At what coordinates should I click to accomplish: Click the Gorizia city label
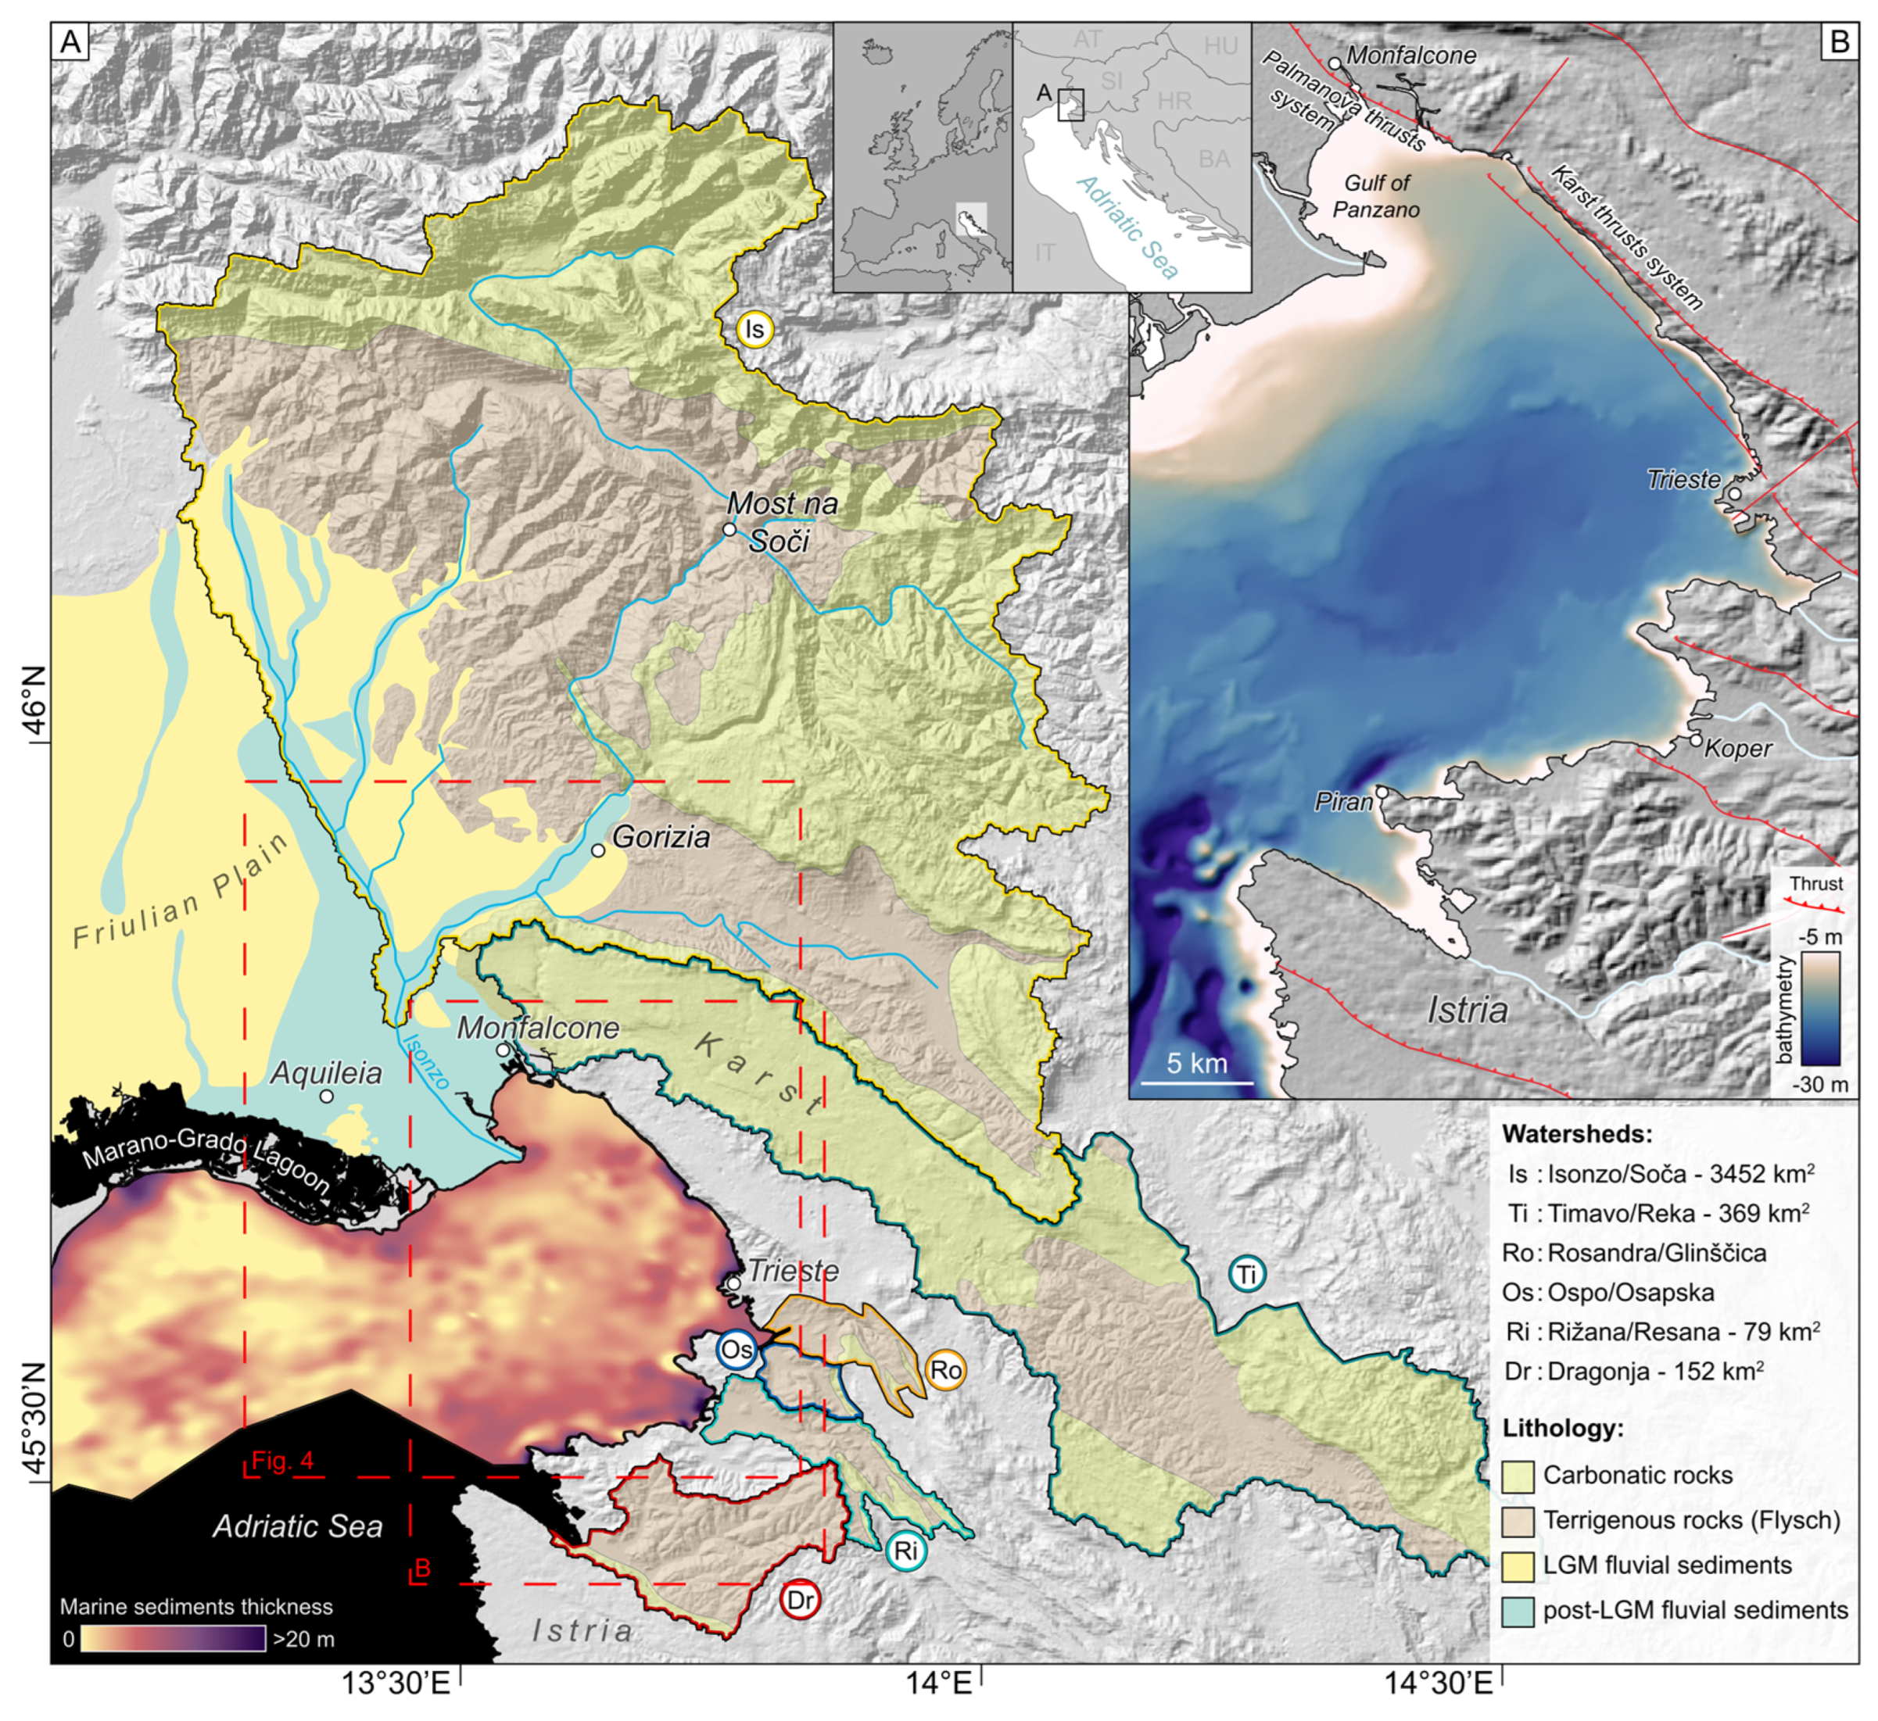[661, 836]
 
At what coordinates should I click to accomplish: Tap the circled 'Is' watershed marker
[754, 330]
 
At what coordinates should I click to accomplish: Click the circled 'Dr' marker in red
[801, 1600]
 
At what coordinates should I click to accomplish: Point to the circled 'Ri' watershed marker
[906, 1551]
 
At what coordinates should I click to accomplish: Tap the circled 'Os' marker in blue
[737, 1351]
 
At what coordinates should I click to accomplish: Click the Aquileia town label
[326, 1073]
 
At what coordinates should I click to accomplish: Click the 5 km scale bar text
[1197, 1064]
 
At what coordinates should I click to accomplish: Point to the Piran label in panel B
[1342, 802]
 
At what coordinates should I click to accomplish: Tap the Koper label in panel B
[1738, 749]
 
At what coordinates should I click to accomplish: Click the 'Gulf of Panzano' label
[1376, 195]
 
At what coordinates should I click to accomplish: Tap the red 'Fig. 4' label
[282, 1460]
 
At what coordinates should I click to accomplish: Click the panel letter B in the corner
[1840, 42]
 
